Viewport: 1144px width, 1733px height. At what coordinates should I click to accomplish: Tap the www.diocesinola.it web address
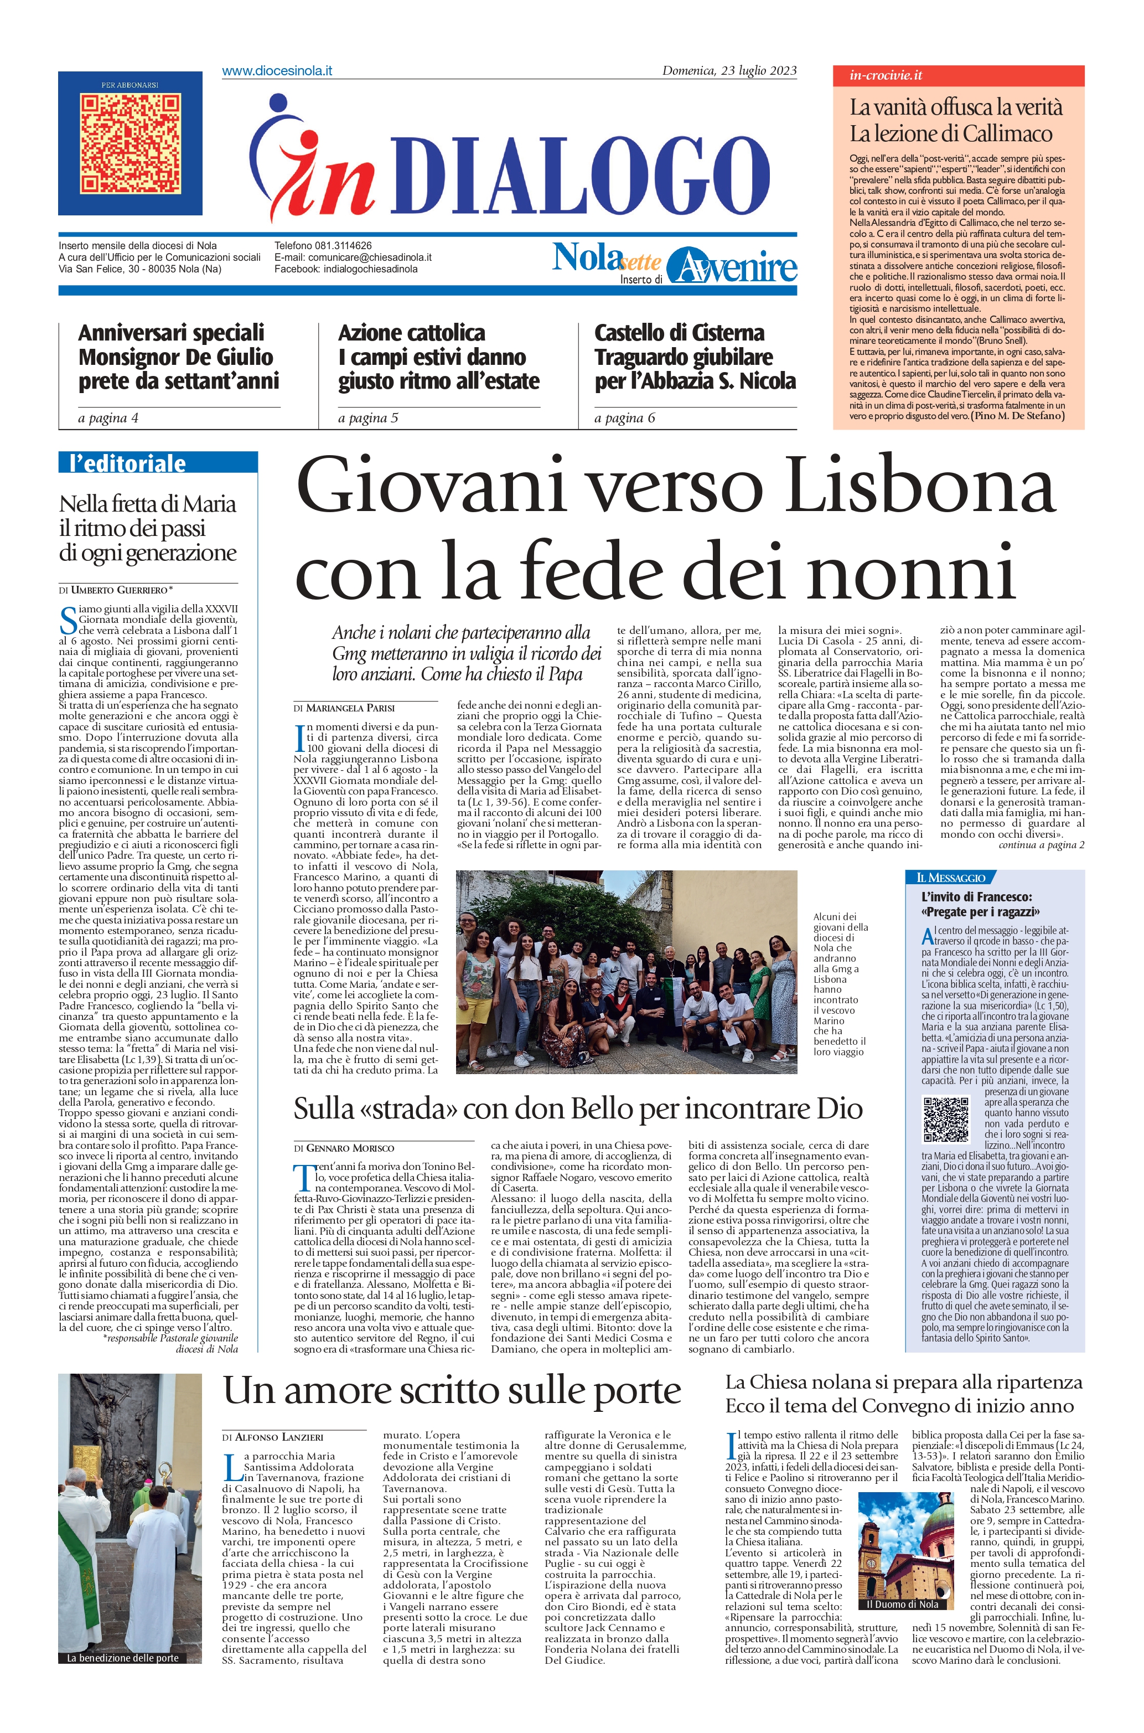tap(277, 71)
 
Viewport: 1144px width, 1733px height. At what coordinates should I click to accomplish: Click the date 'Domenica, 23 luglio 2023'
tap(729, 71)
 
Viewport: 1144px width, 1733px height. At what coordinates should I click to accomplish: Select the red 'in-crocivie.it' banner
tap(958, 75)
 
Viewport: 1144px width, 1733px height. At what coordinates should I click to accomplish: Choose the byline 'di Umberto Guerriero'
tap(117, 589)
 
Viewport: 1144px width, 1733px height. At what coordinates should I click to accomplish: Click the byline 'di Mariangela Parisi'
tap(344, 708)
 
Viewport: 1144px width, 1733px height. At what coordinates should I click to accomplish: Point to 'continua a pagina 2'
tap(1041, 845)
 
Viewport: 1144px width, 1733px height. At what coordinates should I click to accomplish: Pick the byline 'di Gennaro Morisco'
tap(344, 1148)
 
